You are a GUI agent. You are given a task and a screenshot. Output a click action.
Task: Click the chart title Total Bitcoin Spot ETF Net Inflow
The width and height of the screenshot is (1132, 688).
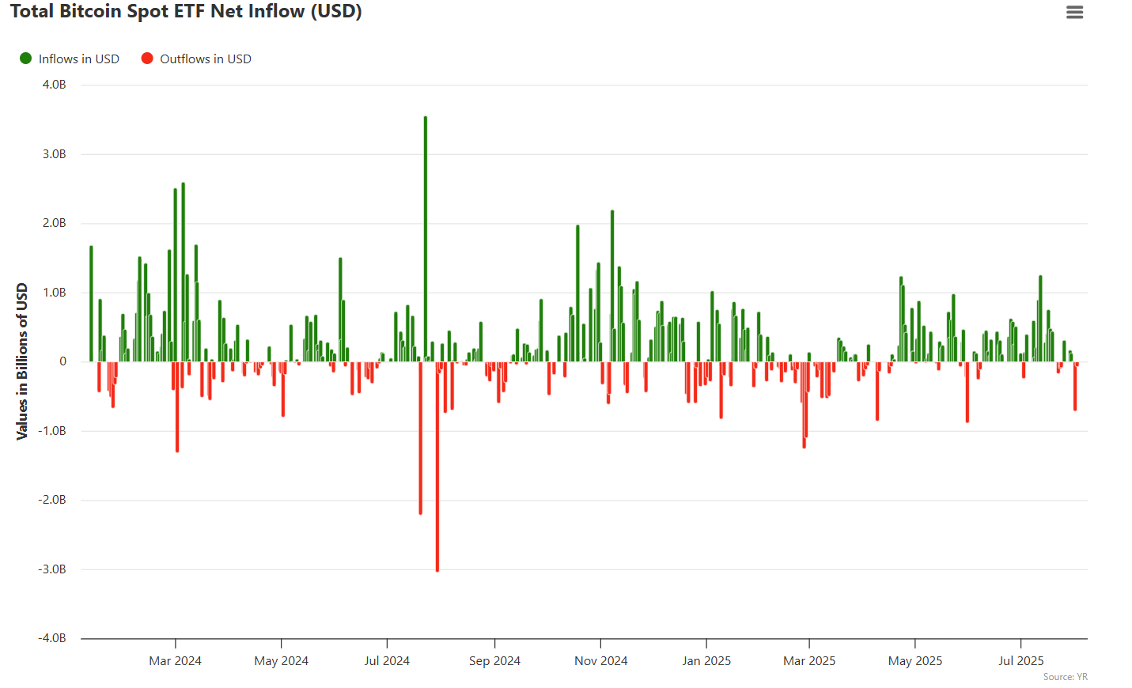pyautogui.click(x=186, y=12)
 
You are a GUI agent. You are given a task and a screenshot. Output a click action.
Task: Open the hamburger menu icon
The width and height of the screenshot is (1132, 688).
pyautogui.click(x=1074, y=12)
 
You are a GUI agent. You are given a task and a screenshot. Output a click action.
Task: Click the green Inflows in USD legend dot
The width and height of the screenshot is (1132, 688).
pyautogui.click(x=25, y=59)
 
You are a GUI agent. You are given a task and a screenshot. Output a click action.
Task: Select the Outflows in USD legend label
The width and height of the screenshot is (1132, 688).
pyautogui.click(x=205, y=59)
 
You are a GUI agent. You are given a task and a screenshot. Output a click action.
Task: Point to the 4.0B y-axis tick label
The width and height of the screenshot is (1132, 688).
pyautogui.click(x=54, y=85)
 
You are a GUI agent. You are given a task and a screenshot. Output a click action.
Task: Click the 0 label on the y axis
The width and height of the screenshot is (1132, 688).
pyautogui.click(x=62, y=361)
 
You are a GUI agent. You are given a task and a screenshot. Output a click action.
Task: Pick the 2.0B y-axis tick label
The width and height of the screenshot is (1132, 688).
pyautogui.click(x=54, y=223)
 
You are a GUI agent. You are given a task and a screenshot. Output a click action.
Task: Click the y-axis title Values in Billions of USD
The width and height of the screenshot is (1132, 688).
pyautogui.click(x=22, y=361)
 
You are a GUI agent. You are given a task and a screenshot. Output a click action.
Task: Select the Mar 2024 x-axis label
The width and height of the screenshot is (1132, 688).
pyautogui.click(x=175, y=661)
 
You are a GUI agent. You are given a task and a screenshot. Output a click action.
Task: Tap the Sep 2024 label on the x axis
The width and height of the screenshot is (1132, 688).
pyautogui.click(x=494, y=661)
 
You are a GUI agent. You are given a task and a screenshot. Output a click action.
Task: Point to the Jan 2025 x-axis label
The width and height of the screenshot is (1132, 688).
pyautogui.click(x=706, y=661)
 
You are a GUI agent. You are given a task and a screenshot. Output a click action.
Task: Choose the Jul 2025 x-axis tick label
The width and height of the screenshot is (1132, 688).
pyautogui.click(x=1020, y=661)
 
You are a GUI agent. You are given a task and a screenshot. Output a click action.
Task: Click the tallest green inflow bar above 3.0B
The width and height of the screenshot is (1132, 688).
pyautogui.click(x=426, y=237)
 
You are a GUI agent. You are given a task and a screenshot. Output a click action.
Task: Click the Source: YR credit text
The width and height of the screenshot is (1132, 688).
pyautogui.click(x=1065, y=677)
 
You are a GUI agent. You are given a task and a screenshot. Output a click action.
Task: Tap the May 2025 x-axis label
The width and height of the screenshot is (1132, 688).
pyautogui.click(x=914, y=661)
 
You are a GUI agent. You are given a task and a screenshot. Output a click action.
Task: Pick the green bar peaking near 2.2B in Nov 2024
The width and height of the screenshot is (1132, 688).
pyautogui.click(x=612, y=285)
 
